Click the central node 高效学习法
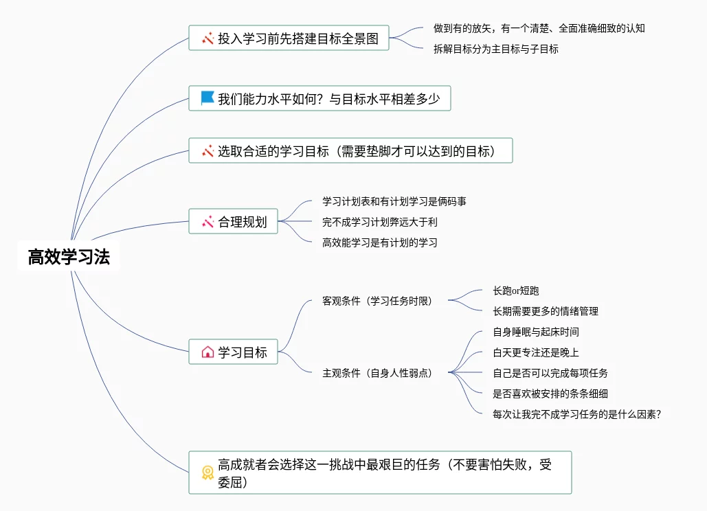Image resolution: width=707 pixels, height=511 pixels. tap(69, 257)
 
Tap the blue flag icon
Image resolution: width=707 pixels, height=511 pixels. tap(207, 98)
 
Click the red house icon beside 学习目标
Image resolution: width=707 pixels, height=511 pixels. tap(207, 352)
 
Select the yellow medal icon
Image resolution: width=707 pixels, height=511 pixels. tap(207, 472)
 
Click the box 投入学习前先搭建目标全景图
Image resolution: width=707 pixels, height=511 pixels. tap(289, 38)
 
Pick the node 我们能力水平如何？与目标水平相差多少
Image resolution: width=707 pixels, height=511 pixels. tap(319, 98)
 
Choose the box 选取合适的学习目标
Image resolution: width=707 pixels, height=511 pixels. tap(350, 150)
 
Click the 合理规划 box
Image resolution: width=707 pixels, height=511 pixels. tap(234, 222)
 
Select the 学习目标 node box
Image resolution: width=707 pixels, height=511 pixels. tap(234, 352)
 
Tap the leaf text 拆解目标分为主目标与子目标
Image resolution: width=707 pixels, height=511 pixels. tap(495, 49)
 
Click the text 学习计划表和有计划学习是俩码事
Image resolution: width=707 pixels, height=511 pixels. tap(395, 201)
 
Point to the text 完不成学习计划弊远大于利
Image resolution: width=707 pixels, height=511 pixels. tap(380, 222)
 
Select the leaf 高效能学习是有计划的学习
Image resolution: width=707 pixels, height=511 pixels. tap(380, 242)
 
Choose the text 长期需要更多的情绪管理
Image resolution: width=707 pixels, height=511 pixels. tap(546, 311)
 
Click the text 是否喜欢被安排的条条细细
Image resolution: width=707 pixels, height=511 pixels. tap(550, 394)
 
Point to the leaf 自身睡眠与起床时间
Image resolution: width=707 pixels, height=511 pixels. tap(536, 332)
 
